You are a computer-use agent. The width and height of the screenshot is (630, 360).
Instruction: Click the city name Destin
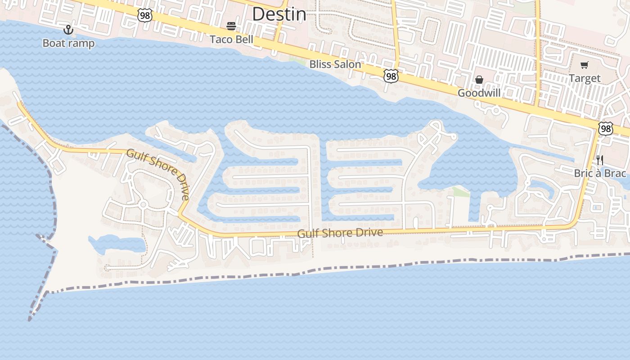point(279,14)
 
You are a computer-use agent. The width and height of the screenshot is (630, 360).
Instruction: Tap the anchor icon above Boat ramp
point(68,30)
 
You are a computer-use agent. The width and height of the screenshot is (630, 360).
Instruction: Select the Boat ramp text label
point(68,43)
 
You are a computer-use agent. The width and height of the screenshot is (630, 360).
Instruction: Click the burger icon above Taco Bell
point(231,26)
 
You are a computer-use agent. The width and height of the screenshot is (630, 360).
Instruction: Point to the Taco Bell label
point(232,39)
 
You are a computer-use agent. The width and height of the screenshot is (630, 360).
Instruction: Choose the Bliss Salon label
point(335,64)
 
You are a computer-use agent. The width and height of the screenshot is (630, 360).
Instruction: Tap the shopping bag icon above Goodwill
point(479,80)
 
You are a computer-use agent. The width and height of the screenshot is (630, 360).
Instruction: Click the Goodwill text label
point(479,93)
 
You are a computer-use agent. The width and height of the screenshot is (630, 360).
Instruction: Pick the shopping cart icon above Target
point(584,65)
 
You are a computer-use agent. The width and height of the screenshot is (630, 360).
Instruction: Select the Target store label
point(585,78)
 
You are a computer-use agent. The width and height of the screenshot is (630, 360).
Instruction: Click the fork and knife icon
point(599,160)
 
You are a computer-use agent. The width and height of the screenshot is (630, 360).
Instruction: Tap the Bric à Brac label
point(600,173)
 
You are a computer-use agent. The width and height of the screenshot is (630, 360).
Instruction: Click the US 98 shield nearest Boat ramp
point(145,15)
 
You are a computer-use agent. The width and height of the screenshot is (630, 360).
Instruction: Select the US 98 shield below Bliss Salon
point(391,76)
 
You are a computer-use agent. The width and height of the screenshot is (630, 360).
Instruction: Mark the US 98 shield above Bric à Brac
point(606,129)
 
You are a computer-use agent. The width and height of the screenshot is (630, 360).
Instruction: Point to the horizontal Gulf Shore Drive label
point(340,233)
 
